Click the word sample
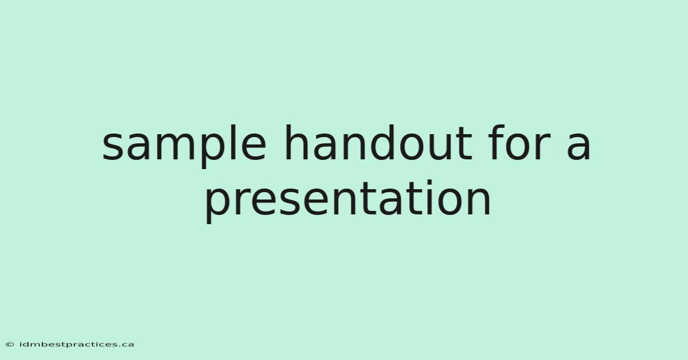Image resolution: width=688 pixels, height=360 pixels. coord(184,146)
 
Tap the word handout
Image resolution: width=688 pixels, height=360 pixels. coord(378,143)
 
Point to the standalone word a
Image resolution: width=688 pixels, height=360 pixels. coord(578,147)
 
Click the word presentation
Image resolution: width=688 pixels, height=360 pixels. coord(347,201)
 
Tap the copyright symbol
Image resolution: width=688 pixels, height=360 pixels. coord(10,345)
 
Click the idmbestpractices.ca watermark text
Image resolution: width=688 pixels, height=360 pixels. coord(76,345)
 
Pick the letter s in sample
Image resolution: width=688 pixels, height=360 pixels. coord(112,147)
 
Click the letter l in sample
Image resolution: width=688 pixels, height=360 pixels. coord(234,143)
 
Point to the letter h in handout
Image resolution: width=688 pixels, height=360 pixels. coord(297,143)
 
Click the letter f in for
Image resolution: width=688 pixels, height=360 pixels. coord(496,143)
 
